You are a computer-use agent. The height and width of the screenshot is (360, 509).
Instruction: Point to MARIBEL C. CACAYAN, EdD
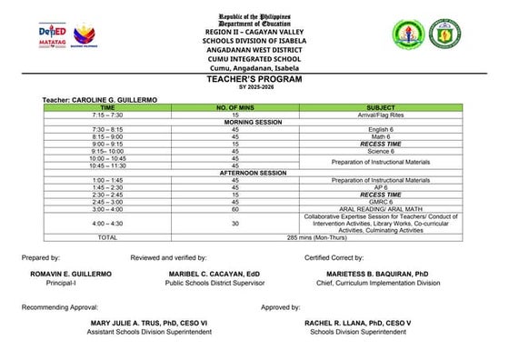(208, 273)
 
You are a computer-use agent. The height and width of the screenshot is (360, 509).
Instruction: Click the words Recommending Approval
(55, 308)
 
